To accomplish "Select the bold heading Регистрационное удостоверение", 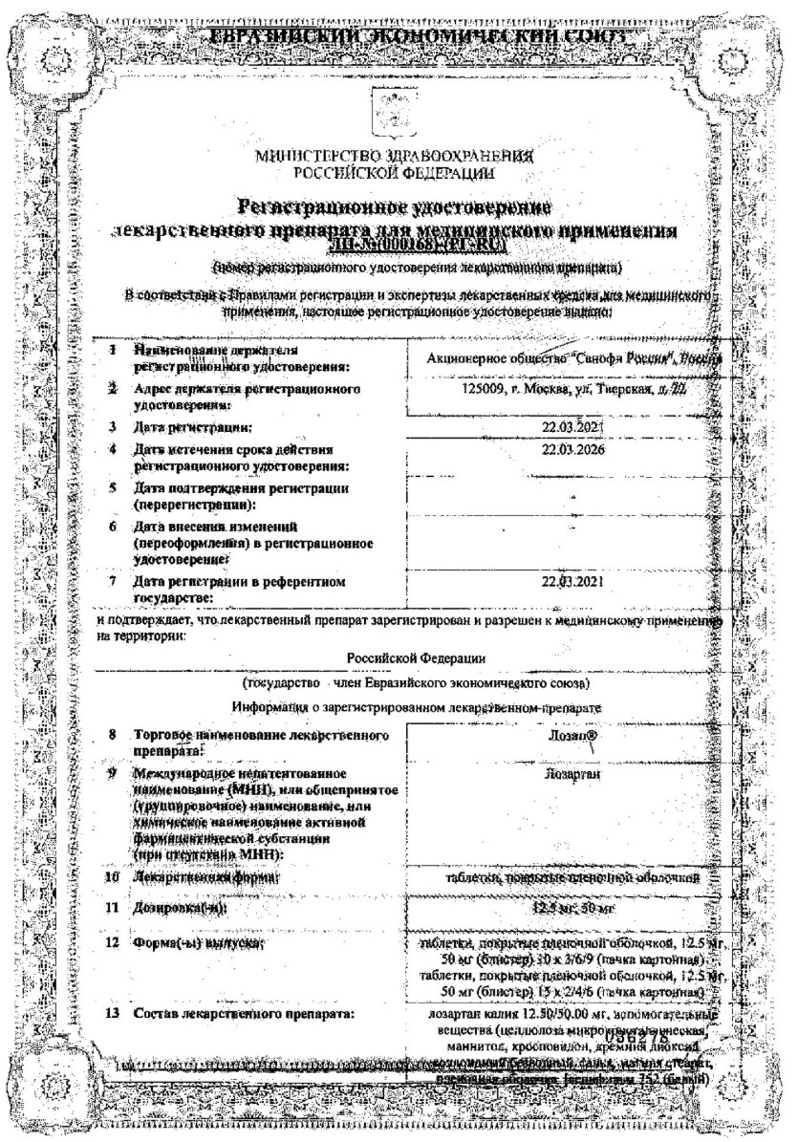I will coord(396,205).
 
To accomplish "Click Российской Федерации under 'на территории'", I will coord(415,657).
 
